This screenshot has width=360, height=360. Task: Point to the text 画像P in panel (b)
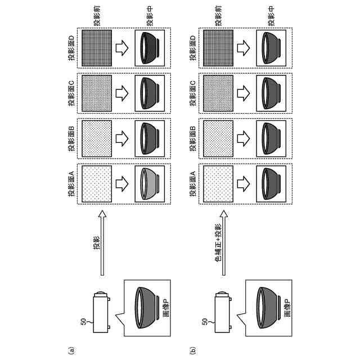pos(287,307)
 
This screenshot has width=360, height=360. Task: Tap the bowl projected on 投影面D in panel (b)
pos(271,47)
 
